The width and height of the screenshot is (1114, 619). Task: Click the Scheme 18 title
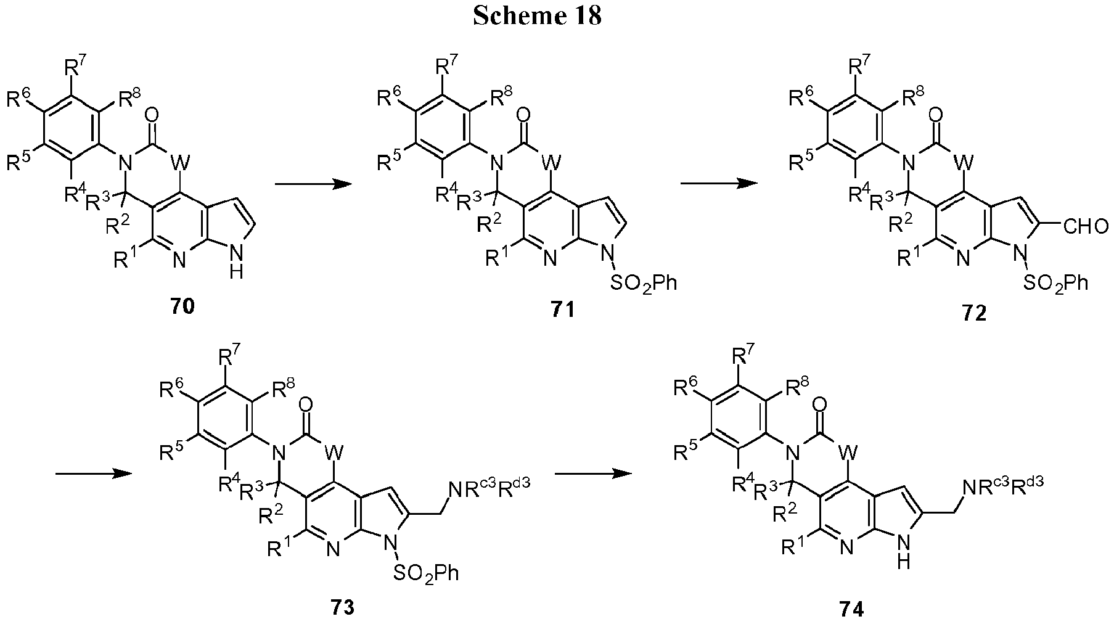tap(538, 15)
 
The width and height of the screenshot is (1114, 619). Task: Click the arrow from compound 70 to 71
tap(309, 184)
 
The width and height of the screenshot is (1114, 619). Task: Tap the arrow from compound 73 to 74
tap(594, 473)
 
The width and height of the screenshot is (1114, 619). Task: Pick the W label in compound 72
tap(963, 163)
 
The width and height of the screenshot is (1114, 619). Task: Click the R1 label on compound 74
tap(788, 547)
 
